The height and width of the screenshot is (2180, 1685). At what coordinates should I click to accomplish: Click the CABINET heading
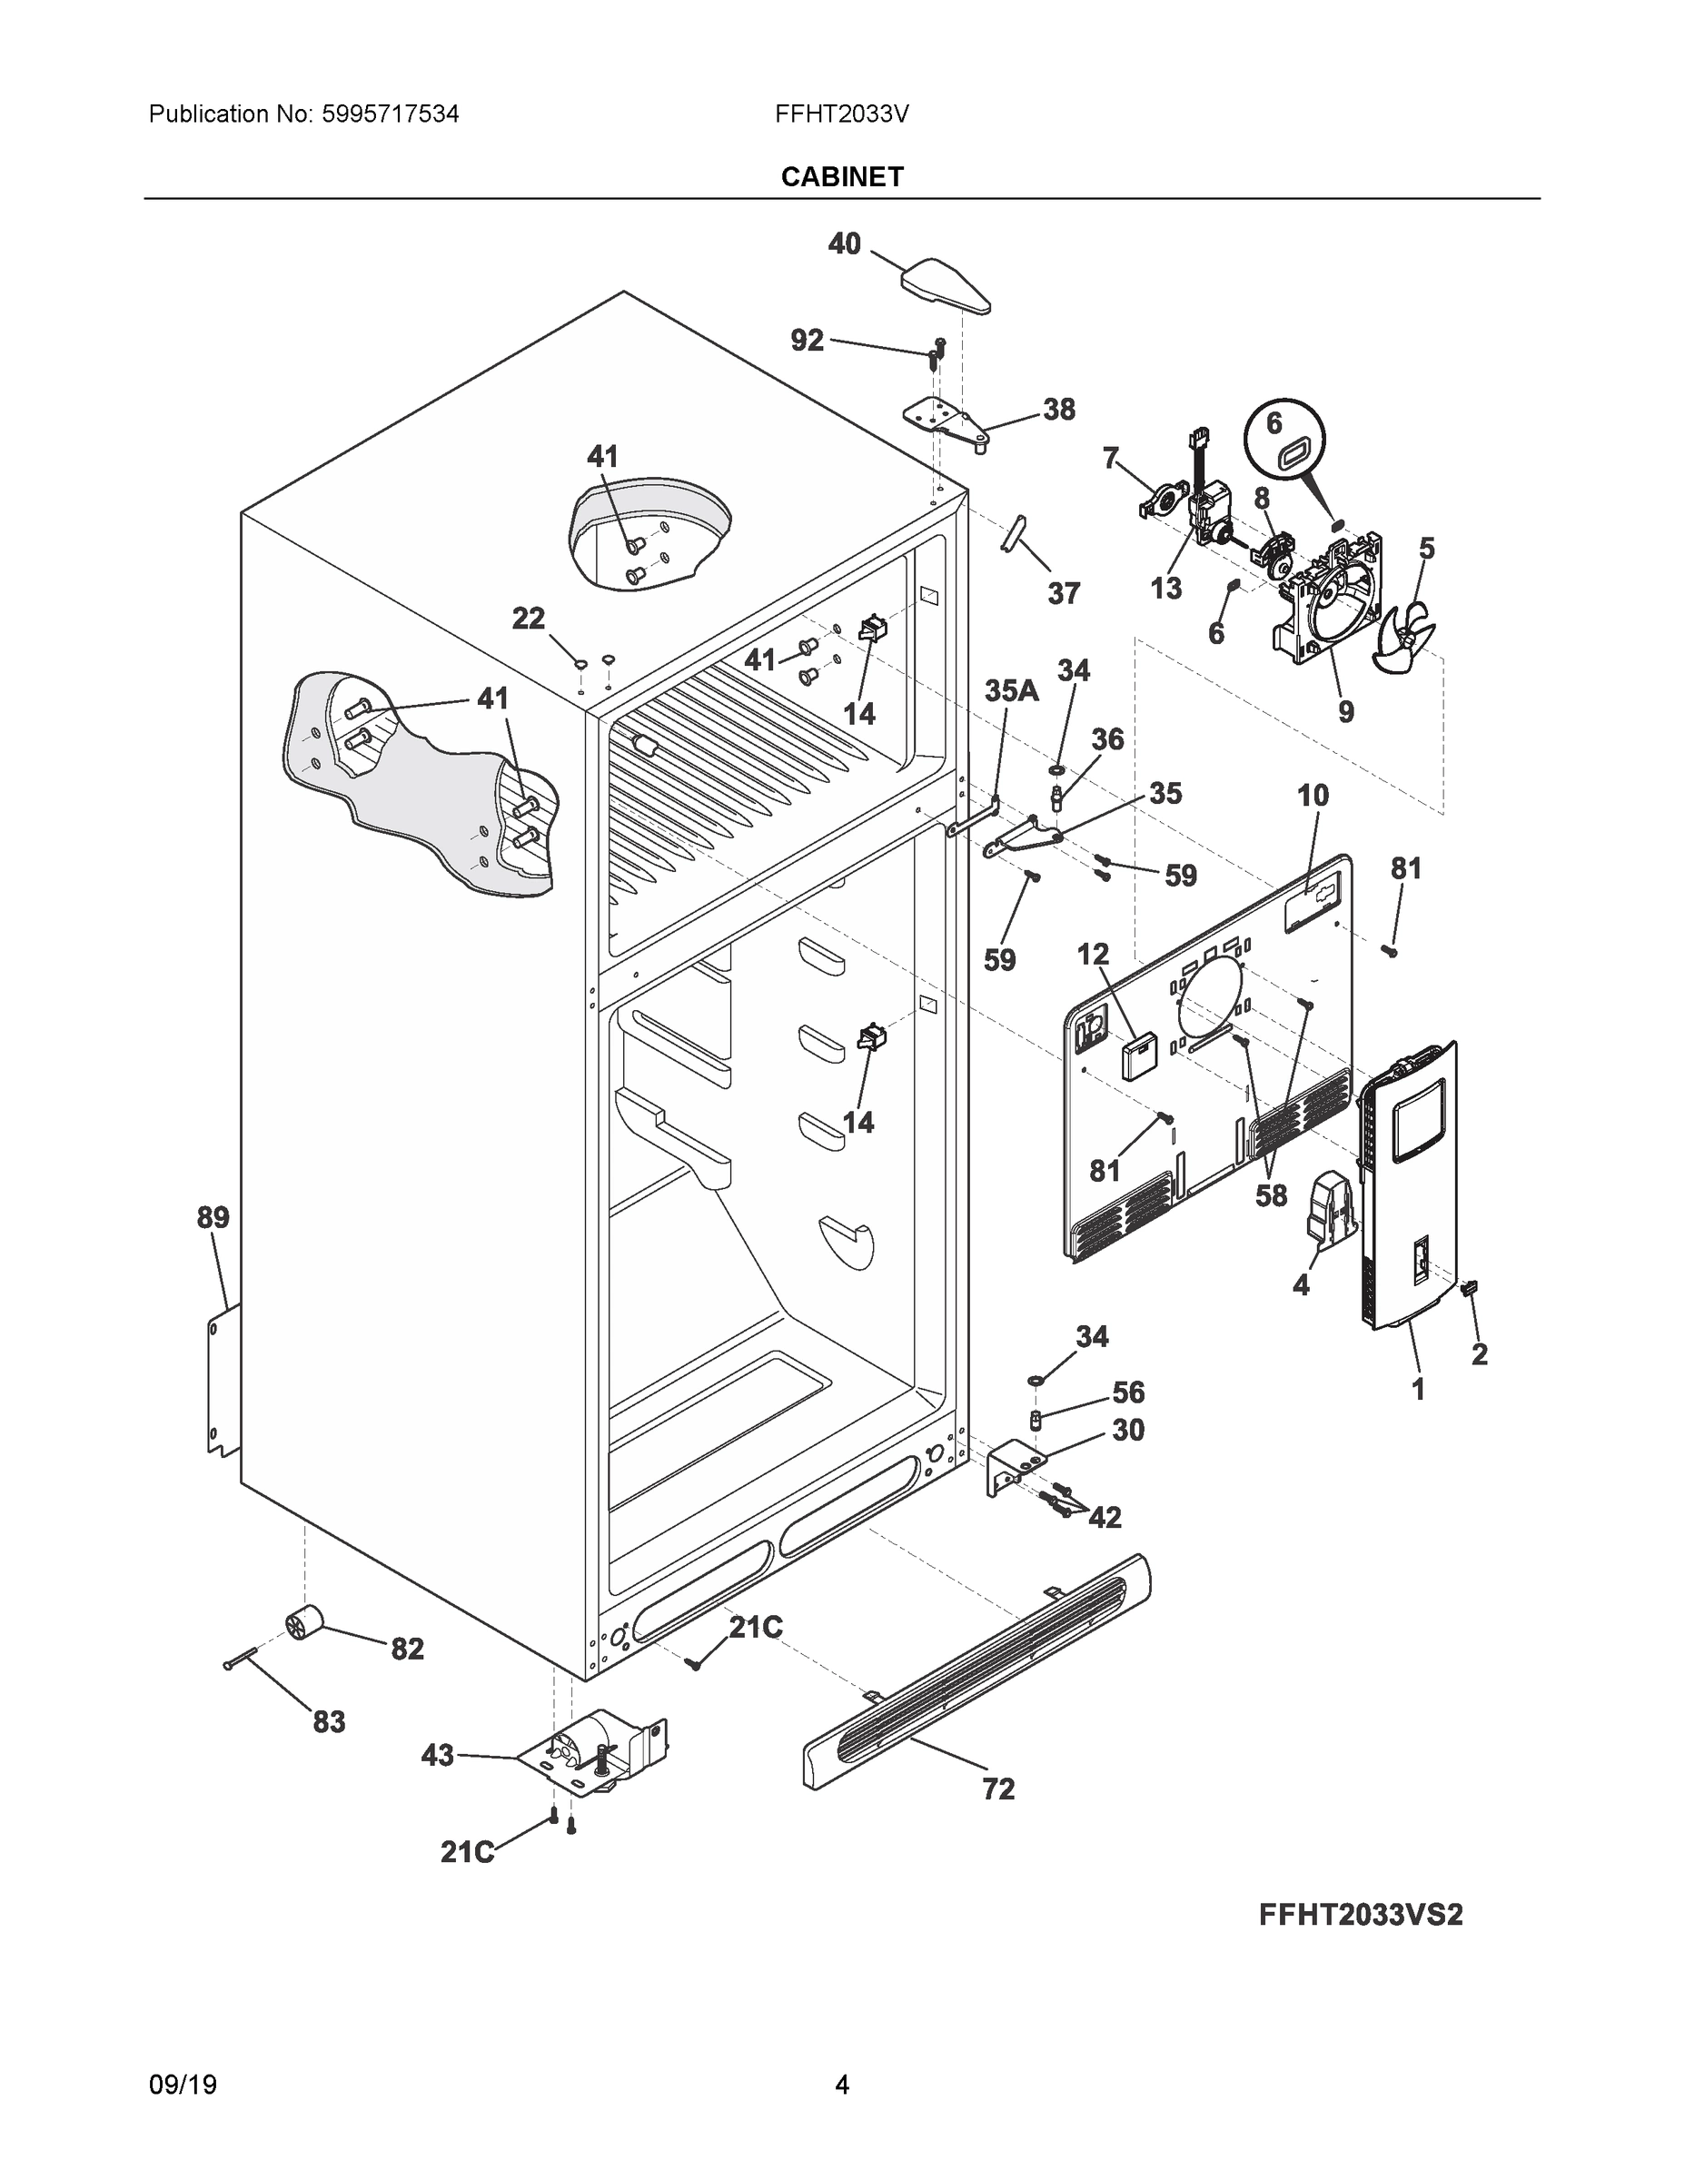[x=841, y=177]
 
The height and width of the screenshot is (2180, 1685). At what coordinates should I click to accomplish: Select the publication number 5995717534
[x=391, y=114]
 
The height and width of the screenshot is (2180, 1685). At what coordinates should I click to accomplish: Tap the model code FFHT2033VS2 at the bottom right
[x=1360, y=1915]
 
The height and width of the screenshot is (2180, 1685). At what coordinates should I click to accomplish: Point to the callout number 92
[x=807, y=341]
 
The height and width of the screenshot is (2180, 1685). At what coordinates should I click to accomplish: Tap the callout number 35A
[x=1010, y=690]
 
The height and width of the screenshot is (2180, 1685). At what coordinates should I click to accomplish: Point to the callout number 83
[x=329, y=1722]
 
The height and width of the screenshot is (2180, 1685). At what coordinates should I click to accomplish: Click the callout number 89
[x=213, y=1217]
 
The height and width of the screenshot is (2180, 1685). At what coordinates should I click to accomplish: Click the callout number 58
[x=1271, y=1194]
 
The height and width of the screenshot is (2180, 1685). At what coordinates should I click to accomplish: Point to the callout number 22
[x=528, y=619]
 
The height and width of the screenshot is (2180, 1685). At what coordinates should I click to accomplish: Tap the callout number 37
[x=1063, y=594]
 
